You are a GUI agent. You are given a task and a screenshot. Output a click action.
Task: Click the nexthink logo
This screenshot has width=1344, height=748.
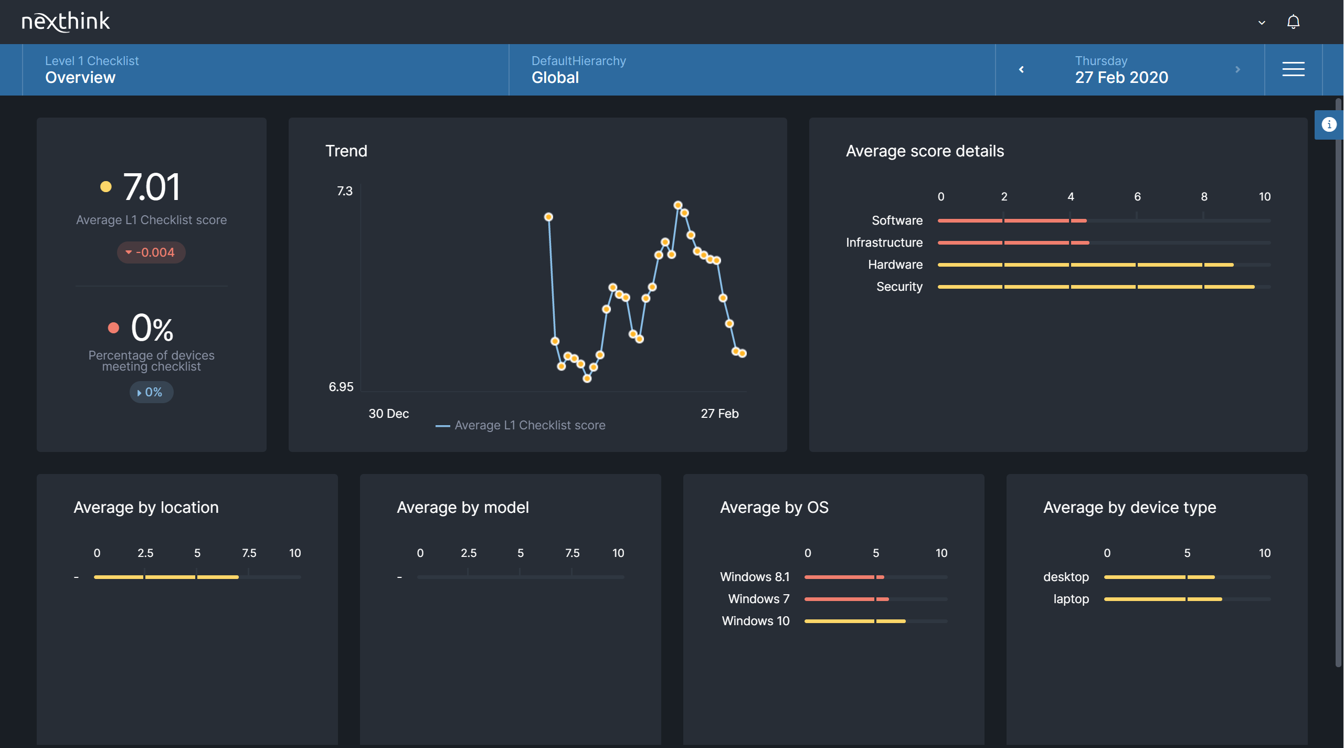coord(66,22)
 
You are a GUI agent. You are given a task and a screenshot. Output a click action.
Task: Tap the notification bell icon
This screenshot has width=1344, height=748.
coord(1293,22)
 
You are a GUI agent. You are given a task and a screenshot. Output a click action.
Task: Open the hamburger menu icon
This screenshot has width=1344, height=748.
coord(1293,69)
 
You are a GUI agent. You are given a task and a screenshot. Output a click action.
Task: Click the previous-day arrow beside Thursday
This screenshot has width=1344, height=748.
coord(1021,69)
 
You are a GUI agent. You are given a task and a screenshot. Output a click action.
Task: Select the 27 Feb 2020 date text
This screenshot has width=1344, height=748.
coord(1121,78)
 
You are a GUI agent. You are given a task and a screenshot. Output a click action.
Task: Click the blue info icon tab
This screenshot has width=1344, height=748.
coord(1329,124)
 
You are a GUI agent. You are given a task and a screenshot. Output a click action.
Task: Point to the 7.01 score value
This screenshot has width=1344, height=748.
coord(151,187)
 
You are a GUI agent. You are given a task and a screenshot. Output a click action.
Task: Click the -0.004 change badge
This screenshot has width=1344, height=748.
coord(151,252)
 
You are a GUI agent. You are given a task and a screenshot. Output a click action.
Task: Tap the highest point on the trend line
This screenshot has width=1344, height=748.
coord(678,205)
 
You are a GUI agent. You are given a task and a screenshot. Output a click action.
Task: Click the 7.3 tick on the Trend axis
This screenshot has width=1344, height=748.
coord(345,191)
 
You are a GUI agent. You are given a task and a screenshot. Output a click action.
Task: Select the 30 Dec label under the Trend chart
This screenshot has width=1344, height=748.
coord(388,414)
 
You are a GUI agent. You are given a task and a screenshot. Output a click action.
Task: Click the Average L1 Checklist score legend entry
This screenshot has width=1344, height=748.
coord(529,425)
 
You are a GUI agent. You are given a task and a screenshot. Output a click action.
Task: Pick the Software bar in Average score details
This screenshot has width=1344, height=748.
coord(1012,221)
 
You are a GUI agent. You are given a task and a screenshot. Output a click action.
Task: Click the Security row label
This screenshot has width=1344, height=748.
coord(899,287)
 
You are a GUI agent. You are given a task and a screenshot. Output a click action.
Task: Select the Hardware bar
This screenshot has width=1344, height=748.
coord(1085,265)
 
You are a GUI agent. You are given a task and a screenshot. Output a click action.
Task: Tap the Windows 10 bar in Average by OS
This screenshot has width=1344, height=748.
coord(854,621)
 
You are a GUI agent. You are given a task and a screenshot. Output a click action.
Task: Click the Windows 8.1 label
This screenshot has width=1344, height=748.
coord(754,577)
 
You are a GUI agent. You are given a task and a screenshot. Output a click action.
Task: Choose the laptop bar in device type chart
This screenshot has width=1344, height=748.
coord(1162,599)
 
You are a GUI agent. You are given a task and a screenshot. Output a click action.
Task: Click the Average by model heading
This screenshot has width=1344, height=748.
coord(462,508)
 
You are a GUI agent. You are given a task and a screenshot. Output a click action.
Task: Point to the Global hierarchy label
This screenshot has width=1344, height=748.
coord(555,78)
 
